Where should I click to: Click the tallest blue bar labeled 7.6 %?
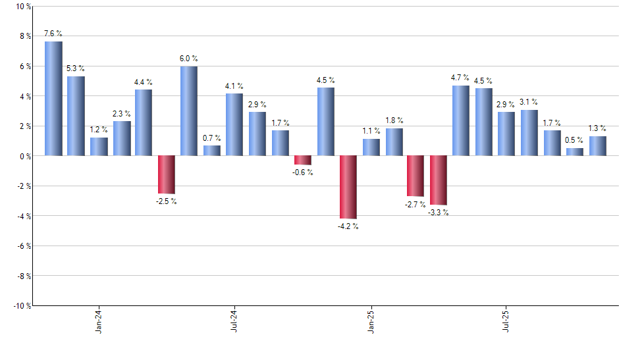(x=53, y=99)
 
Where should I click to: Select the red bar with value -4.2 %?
(x=348, y=187)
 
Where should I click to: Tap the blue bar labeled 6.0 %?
(x=189, y=111)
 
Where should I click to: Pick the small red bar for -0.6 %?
(x=303, y=160)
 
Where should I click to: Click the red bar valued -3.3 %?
(x=439, y=180)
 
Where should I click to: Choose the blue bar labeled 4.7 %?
(x=461, y=120)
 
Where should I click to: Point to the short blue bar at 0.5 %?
(x=574, y=152)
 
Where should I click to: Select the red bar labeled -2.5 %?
(x=167, y=174)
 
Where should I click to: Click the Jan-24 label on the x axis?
(x=99, y=322)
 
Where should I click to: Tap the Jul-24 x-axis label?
(x=234, y=322)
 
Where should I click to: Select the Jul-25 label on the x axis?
(x=506, y=322)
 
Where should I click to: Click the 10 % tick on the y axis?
(x=22, y=7)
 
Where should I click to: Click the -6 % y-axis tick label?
(x=22, y=246)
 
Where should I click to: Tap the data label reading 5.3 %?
(x=76, y=68)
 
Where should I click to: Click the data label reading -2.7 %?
(x=416, y=205)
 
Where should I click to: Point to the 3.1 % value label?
(x=529, y=102)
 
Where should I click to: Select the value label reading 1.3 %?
(x=597, y=128)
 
